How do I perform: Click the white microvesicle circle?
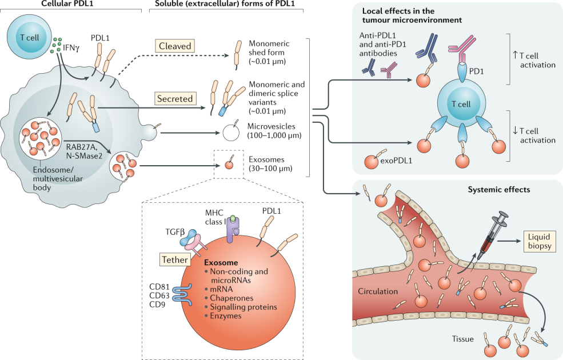[x=232, y=132]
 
